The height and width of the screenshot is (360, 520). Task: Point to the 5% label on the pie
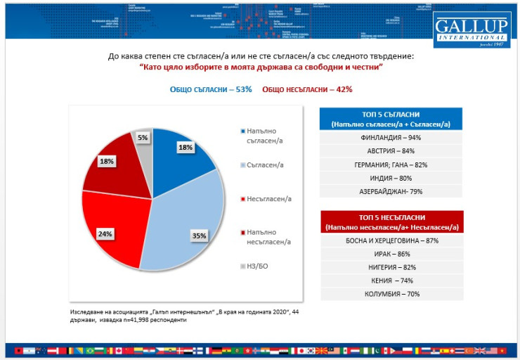click(x=143, y=138)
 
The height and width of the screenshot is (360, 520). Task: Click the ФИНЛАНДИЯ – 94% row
click(x=391, y=138)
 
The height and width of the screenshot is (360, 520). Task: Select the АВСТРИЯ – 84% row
click(x=391, y=151)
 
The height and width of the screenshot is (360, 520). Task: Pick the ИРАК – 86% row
click(x=391, y=254)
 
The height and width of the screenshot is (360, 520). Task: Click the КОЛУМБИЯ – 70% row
click(x=391, y=293)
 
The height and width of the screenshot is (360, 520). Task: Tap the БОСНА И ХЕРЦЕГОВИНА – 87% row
click(x=391, y=240)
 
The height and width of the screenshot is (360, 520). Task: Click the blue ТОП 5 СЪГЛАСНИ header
click(x=391, y=119)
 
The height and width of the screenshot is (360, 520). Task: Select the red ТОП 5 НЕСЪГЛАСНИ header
click(x=391, y=221)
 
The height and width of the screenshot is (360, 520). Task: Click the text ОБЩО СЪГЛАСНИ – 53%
click(x=210, y=89)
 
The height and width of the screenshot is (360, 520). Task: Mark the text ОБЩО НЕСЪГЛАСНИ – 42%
click(x=307, y=89)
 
